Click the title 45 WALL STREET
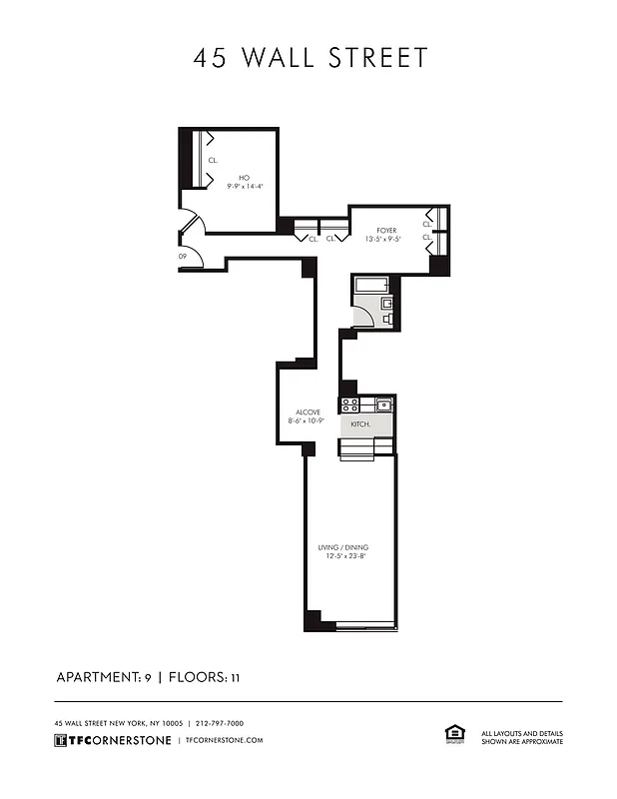point(309,58)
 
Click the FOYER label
point(386,230)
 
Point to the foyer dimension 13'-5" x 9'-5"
point(386,240)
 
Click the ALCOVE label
point(308,411)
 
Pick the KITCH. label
point(360,424)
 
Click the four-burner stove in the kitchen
point(350,404)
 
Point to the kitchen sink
point(382,404)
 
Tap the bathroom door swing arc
point(363,316)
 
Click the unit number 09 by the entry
point(183,257)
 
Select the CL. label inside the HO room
point(213,160)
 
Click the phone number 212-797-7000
point(220,723)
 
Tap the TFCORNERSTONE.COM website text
point(224,740)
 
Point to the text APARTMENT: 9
point(103,678)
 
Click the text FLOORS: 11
point(205,678)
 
